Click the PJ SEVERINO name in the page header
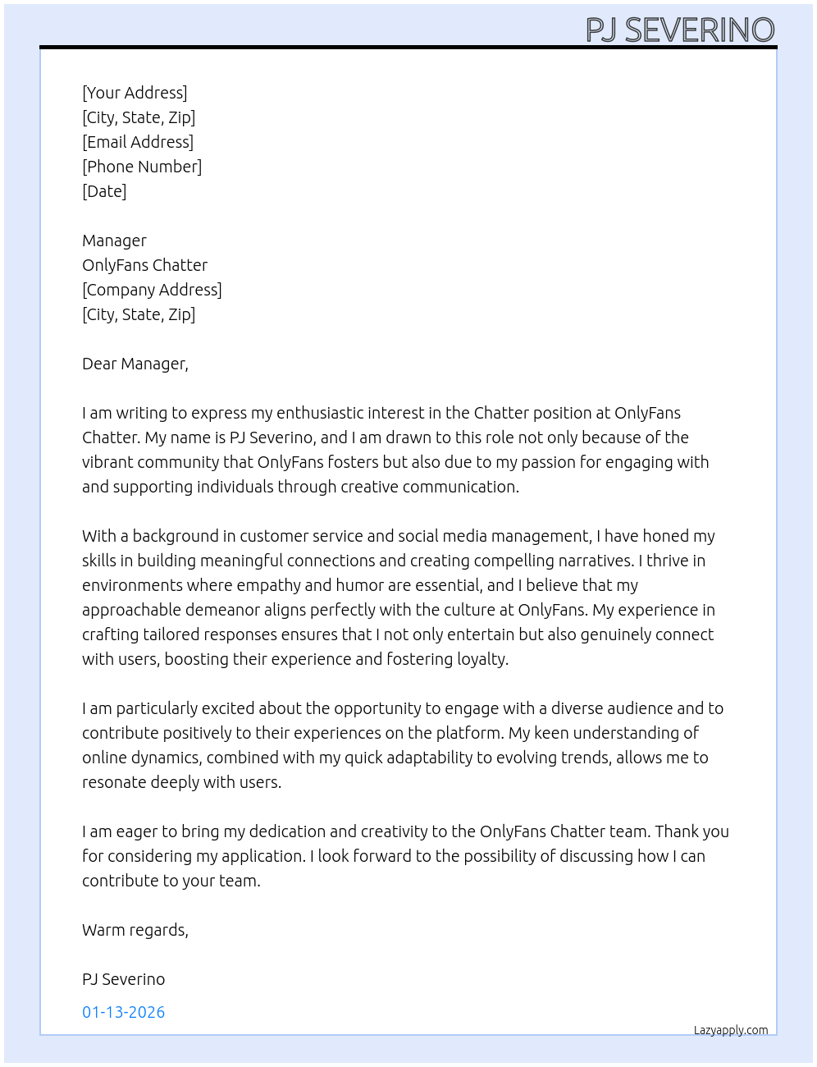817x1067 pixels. tap(679, 30)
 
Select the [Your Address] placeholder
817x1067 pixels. tap(135, 93)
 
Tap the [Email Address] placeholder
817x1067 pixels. tap(138, 142)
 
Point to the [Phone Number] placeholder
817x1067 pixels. tap(142, 167)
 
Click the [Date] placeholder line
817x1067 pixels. tap(104, 191)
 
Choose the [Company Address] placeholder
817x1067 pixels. tap(152, 290)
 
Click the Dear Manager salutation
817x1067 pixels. tap(135, 364)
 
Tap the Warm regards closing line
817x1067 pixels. tap(135, 930)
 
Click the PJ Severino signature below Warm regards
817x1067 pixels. tap(124, 979)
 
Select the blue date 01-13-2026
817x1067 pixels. tap(124, 1012)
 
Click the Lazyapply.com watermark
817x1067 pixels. tap(731, 1030)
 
